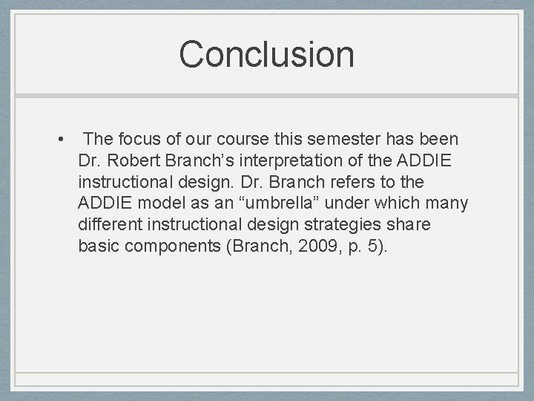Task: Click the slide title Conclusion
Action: (266, 55)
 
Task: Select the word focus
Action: (142, 139)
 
